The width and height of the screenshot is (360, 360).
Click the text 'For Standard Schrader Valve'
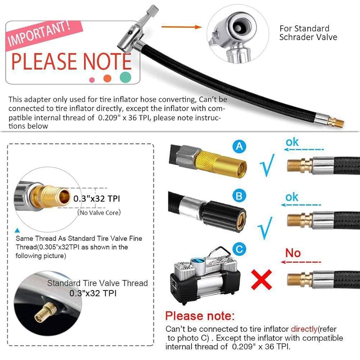(x=308, y=33)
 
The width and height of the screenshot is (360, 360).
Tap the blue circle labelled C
(x=240, y=249)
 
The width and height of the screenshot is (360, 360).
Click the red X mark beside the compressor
(x=261, y=279)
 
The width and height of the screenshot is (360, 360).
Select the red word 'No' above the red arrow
(x=293, y=253)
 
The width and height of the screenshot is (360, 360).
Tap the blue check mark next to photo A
(x=267, y=165)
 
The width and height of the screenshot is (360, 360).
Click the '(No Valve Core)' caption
(x=99, y=212)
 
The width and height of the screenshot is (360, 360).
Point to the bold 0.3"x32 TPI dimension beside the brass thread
(x=96, y=199)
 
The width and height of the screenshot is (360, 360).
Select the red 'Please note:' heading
(x=200, y=315)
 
